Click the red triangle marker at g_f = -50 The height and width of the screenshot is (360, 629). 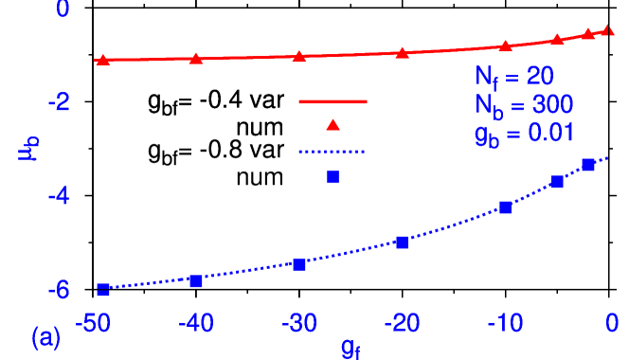102,60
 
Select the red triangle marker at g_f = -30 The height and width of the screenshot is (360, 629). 299,56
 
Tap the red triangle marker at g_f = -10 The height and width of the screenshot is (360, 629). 506,45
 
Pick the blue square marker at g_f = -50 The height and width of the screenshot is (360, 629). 102,290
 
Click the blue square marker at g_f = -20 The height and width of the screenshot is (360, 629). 403,243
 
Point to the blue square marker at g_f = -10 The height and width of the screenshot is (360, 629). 506,207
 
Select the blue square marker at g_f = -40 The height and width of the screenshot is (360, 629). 196,280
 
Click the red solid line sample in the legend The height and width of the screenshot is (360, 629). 332,100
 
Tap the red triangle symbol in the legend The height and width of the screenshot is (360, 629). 332,125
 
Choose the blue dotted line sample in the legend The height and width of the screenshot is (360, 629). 332,151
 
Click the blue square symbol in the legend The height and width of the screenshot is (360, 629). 332,176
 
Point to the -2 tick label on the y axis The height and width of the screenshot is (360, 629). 58,102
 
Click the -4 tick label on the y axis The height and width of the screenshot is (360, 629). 58,196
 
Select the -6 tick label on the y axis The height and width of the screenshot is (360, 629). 58,290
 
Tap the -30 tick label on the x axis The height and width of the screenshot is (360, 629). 299,324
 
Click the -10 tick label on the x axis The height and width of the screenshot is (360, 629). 505,324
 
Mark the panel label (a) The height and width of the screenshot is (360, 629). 46,337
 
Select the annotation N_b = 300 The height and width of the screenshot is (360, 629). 524,105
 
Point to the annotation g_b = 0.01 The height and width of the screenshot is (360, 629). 524,134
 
